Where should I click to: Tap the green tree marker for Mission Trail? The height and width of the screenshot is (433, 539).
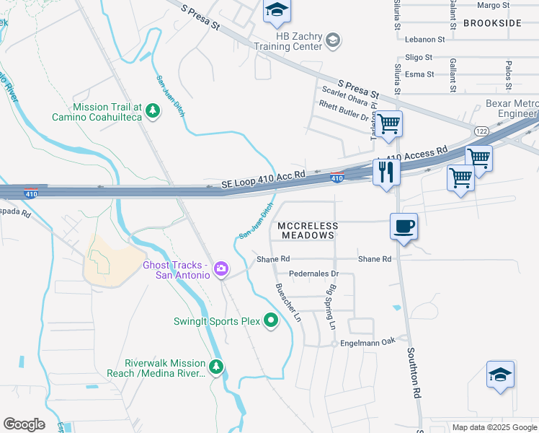pyautogui.click(x=152, y=110)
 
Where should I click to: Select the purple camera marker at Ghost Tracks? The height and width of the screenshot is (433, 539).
pyautogui.click(x=221, y=270)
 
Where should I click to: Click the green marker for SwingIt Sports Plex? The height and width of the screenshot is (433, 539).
pyautogui.click(x=271, y=320)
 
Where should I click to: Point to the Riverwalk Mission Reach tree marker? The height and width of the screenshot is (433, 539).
pyautogui.click(x=216, y=367)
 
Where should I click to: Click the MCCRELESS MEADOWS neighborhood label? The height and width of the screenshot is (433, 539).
pyautogui.click(x=308, y=231)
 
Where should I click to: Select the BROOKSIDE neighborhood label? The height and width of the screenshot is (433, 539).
pyautogui.click(x=492, y=23)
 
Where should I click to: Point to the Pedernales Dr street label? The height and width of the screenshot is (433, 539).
pyautogui.click(x=313, y=274)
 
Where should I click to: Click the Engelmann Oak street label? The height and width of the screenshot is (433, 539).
pyautogui.click(x=369, y=341)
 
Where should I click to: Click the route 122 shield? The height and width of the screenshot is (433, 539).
pyautogui.click(x=481, y=130)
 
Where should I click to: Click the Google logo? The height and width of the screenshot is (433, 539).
pyautogui.click(x=24, y=424)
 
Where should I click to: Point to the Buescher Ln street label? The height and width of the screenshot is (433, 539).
pyautogui.click(x=287, y=302)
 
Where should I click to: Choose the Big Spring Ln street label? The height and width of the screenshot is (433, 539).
pyautogui.click(x=332, y=307)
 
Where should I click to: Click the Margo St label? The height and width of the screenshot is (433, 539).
pyautogui.click(x=494, y=5)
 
